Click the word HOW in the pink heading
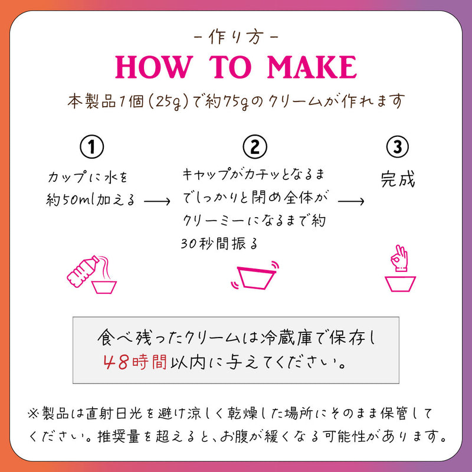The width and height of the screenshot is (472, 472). (x=154, y=67)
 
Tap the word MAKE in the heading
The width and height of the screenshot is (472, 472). (x=312, y=67)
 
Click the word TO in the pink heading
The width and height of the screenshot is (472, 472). (x=230, y=67)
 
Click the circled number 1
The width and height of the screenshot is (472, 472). (x=92, y=147)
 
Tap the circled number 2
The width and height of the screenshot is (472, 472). (x=255, y=146)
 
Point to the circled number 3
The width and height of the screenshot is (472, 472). (x=397, y=147)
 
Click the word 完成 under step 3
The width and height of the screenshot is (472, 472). (x=398, y=179)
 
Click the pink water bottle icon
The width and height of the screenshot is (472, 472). (x=83, y=271)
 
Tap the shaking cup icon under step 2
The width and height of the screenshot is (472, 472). (x=255, y=276)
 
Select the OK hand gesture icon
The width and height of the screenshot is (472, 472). (x=399, y=258)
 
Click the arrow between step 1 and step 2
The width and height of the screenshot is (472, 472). (x=157, y=201)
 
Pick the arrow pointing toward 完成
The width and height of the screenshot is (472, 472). (x=351, y=201)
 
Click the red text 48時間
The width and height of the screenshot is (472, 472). (x=135, y=362)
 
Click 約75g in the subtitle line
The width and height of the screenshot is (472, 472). (x=227, y=101)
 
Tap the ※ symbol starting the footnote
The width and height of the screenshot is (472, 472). (x=33, y=414)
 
